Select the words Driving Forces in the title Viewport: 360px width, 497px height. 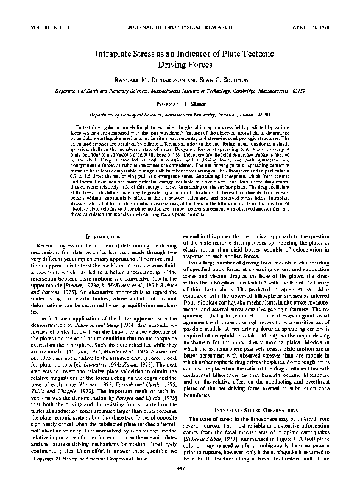(180, 63)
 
